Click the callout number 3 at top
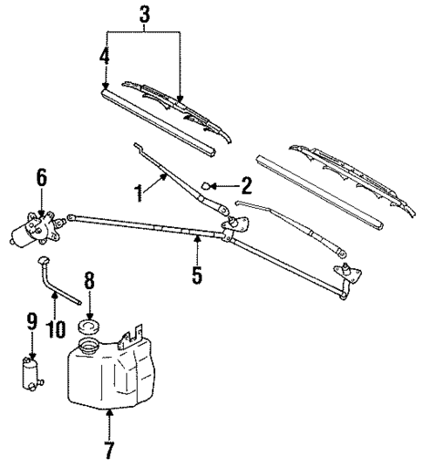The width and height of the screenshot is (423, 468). tap(145, 14)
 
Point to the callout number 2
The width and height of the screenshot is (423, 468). tap(246, 184)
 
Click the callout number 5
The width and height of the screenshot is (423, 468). tap(197, 277)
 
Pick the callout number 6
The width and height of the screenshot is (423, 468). tap(40, 177)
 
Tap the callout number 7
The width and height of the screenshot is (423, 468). tap(109, 451)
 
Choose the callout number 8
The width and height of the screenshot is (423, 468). tap(87, 282)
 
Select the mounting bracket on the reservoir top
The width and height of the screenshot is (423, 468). tap(133, 336)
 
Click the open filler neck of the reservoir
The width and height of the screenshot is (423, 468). tap(89, 348)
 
